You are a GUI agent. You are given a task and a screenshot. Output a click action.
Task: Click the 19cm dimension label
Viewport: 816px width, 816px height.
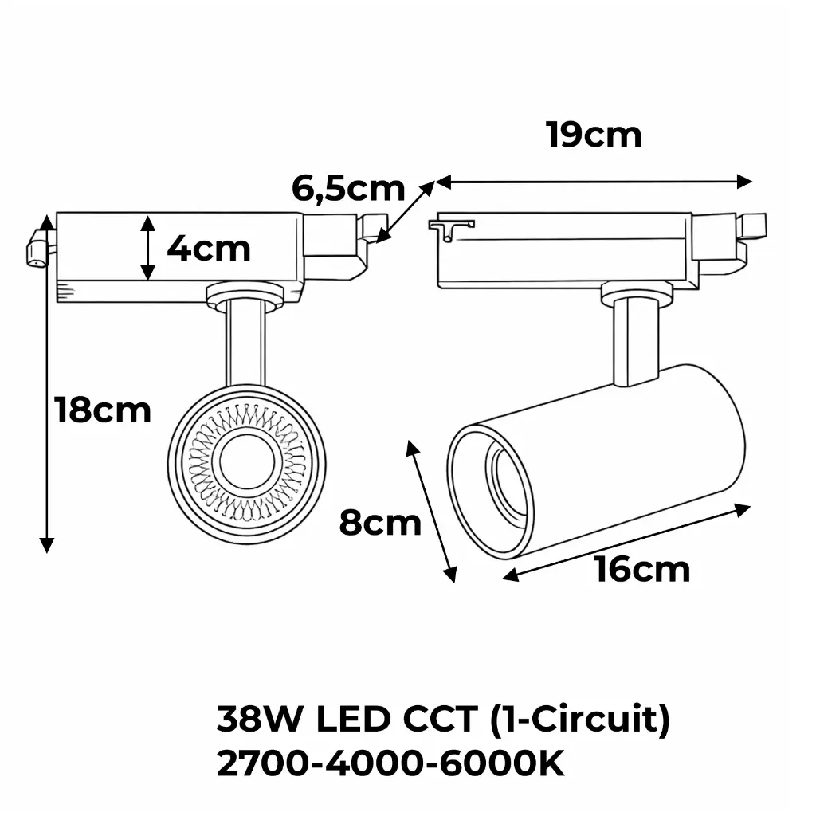point(594,135)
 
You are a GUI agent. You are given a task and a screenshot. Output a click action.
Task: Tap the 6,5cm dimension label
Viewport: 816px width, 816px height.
point(348,189)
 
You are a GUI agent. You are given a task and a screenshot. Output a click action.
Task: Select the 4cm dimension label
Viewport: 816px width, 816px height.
point(209,249)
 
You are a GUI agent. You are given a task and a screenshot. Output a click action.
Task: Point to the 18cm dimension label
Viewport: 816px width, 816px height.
point(103,410)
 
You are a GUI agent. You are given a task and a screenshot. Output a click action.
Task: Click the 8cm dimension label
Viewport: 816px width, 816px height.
point(380,524)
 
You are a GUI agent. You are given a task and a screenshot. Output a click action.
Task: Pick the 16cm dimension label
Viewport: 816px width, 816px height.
point(642,570)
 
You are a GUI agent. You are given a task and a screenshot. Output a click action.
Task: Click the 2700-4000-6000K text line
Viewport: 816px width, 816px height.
point(390,765)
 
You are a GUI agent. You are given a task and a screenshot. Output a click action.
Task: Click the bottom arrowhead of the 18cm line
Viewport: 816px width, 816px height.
point(47,545)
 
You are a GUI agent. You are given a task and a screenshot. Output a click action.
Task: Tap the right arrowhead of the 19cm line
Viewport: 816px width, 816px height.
point(745,181)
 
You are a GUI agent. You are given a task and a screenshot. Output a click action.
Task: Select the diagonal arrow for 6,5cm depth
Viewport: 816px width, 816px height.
point(406,210)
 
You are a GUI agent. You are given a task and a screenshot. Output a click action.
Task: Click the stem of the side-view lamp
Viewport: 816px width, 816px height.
point(637,342)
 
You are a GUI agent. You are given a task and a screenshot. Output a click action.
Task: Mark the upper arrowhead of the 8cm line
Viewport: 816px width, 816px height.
point(412,448)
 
